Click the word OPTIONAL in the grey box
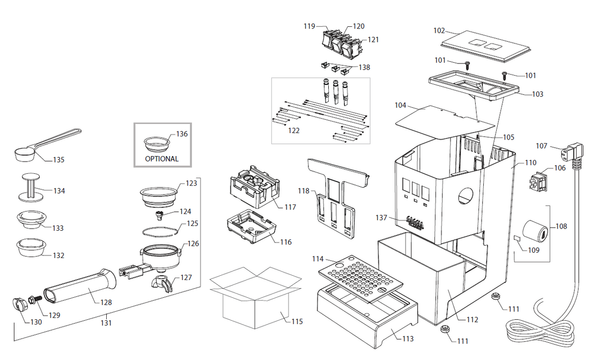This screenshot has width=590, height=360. (x=161, y=159)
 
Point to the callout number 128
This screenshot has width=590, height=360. (x=106, y=302)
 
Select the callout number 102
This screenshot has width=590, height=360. (x=439, y=31)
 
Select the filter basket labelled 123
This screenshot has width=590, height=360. (x=159, y=194)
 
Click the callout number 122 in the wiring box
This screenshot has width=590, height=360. (x=293, y=130)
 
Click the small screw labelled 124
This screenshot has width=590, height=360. (x=158, y=215)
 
